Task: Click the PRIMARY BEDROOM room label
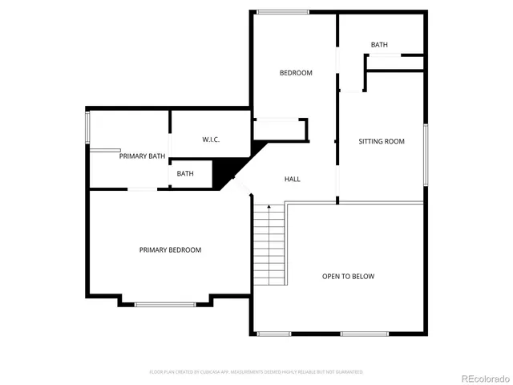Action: [x=170, y=250]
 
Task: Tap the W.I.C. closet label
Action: [x=210, y=140]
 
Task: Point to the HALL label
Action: [x=293, y=179]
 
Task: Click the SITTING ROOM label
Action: [x=381, y=141]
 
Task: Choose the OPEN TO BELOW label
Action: [x=348, y=277]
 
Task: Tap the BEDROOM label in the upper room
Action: [x=296, y=73]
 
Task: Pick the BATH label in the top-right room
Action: [x=379, y=45]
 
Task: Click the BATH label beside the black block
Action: [x=185, y=174]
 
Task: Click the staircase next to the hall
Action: [x=269, y=245]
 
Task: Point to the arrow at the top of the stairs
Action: [x=269, y=208]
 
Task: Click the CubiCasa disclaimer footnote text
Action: [x=256, y=372]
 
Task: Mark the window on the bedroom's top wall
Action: [x=282, y=11]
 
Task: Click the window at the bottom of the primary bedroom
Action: [x=165, y=304]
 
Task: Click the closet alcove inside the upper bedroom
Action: [x=280, y=130]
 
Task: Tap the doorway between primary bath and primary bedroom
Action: [x=143, y=188]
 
